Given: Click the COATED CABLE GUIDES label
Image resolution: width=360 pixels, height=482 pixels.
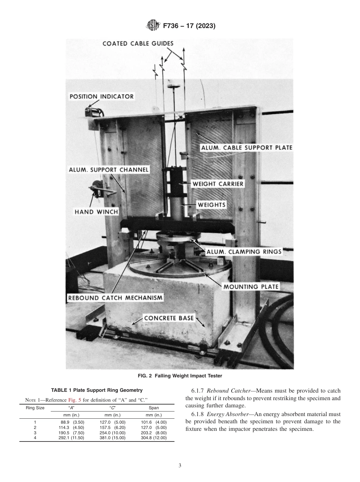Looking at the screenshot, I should click(x=138, y=44).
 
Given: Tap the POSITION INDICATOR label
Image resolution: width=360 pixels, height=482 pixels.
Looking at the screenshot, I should click(x=102, y=97).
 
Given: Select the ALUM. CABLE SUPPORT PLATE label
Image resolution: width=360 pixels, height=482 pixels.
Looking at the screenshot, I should click(x=246, y=148).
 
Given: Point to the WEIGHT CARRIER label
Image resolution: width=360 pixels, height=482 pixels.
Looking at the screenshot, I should click(x=218, y=184).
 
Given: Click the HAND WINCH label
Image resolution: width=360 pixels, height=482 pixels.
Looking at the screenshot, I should click(x=96, y=212).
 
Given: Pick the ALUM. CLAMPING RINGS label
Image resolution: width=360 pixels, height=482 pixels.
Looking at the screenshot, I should click(x=244, y=252).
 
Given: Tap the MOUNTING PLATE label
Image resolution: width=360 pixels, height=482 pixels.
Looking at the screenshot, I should click(x=250, y=287).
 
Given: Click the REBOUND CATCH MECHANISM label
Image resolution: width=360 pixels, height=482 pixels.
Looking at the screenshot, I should click(x=116, y=298).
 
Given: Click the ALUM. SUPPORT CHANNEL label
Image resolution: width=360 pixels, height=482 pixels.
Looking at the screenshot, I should click(x=109, y=169).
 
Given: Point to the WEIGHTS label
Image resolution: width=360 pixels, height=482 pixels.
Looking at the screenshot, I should click(x=211, y=205).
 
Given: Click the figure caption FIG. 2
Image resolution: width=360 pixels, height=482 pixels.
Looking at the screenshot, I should click(x=180, y=376).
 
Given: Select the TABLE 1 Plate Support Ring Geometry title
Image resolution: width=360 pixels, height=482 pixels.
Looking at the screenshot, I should click(x=97, y=390).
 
